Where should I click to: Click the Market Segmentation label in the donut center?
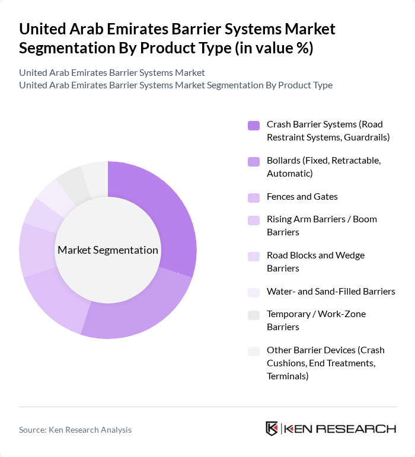pyautogui.click(x=108, y=250)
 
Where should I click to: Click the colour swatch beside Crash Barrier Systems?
pyautogui.click(x=254, y=125)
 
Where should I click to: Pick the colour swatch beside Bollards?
pyautogui.click(x=254, y=161)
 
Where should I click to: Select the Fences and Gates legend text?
pyautogui.click(x=302, y=197)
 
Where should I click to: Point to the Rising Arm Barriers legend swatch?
pyautogui.click(x=254, y=220)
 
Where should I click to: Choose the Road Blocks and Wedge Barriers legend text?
pyautogui.click(x=315, y=261)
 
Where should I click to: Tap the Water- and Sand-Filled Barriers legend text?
pyautogui.click(x=331, y=291)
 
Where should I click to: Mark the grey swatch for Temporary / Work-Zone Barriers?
pyautogui.click(x=254, y=315)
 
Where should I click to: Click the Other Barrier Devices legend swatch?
pyautogui.click(x=254, y=351)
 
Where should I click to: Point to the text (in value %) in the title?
pyautogui.click(x=274, y=47)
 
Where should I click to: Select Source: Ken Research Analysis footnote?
pyautogui.click(x=75, y=430)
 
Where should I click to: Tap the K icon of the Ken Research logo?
pyautogui.click(x=272, y=429)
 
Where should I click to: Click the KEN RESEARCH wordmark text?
pyautogui.click(x=340, y=429)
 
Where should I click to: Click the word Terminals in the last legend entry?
pyautogui.click(x=288, y=376)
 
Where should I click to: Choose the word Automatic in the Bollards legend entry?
pyautogui.click(x=289, y=173)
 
